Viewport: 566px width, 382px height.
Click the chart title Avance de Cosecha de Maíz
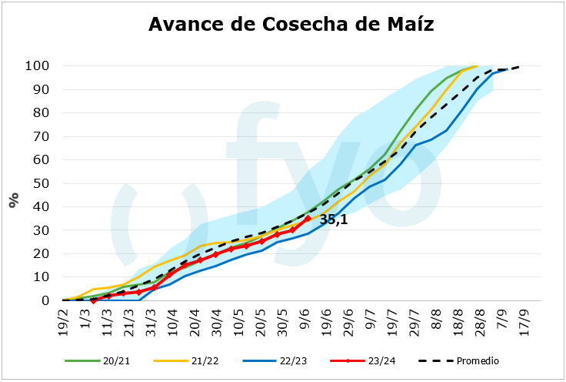click(x=291, y=25)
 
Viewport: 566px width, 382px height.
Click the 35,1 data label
click(x=335, y=220)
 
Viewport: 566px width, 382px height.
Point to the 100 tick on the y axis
click(x=38, y=65)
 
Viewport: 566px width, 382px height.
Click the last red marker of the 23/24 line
click(x=308, y=219)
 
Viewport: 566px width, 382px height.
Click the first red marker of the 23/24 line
click(x=93, y=300)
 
